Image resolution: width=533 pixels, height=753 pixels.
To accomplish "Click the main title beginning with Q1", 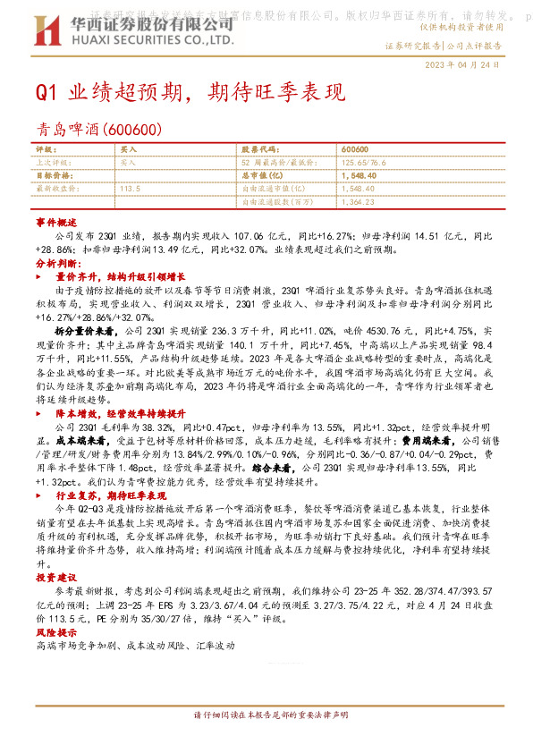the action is click(190, 94).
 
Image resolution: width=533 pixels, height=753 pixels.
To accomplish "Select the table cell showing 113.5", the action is click(131, 190).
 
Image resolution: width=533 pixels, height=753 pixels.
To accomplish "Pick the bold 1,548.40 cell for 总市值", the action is click(358, 177).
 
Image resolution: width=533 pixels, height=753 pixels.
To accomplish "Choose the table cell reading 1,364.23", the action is click(358, 203).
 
